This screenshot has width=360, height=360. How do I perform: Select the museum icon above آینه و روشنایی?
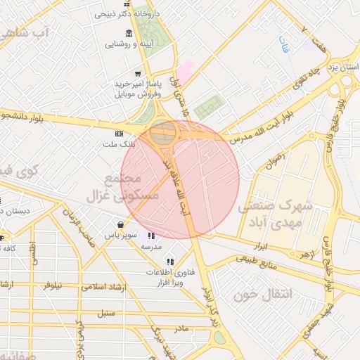point(128,34)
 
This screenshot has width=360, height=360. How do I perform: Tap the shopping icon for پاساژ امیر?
point(139,72)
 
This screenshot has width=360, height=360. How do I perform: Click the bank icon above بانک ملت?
point(118,134)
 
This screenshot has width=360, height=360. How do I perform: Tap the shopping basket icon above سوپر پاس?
point(122,225)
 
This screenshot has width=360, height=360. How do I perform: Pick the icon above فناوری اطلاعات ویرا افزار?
point(170,261)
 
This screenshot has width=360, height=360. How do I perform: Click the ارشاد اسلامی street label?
point(101,286)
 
